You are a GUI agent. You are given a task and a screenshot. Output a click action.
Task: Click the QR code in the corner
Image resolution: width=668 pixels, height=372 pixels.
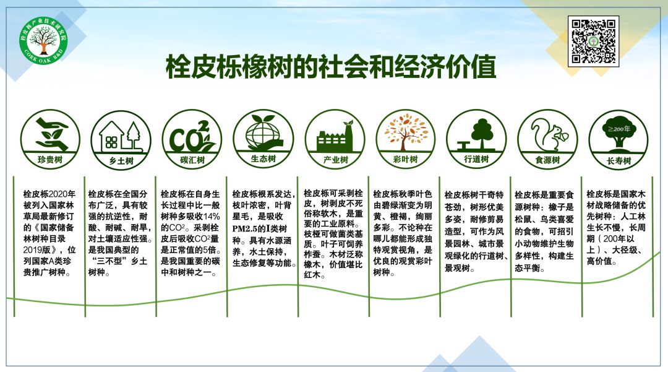click(x=593, y=41)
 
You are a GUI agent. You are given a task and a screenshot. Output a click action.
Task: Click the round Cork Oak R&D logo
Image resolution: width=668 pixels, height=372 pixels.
click(x=43, y=41)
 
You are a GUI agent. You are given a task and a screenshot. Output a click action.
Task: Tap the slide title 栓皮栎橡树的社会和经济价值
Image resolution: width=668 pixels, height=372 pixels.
click(x=331, y=66)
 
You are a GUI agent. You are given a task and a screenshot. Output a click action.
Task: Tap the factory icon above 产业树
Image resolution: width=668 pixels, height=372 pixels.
click(x=335, y=136)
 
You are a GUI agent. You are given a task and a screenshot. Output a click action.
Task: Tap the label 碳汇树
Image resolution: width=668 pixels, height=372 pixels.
click(x=192, y=160)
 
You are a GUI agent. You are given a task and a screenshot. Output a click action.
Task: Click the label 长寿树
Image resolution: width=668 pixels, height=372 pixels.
click(x=619, y=161)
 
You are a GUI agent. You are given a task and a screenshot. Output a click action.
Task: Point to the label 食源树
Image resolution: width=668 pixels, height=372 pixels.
click(x=548, y=160)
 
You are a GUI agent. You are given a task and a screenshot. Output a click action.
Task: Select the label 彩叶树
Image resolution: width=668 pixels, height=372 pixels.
click(x=406, y=159)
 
